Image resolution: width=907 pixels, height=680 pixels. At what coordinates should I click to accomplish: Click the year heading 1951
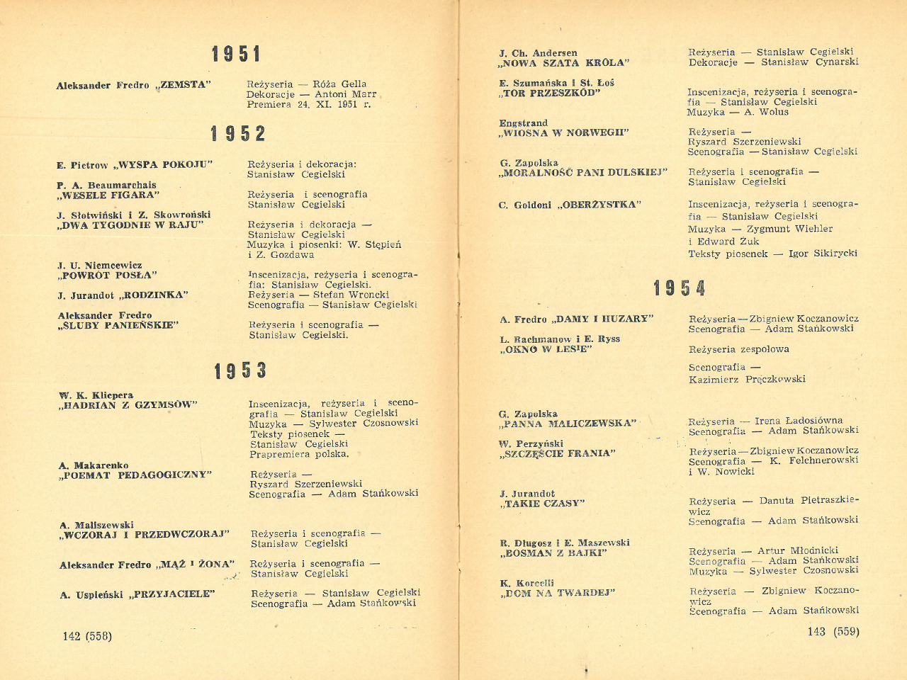coord(237,54)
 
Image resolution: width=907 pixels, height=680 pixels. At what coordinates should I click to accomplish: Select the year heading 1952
coord(238,133)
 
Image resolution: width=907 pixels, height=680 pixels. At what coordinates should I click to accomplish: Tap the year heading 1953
coord(241,370)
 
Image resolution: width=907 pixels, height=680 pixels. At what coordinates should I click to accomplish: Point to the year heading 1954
coord(680,288)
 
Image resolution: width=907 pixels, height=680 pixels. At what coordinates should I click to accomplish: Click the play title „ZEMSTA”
coord(184,85)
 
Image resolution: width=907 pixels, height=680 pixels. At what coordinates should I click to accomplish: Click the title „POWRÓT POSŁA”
coord(108,275)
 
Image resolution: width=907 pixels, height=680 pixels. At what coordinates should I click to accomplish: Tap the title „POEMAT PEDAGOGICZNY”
coord(136,475)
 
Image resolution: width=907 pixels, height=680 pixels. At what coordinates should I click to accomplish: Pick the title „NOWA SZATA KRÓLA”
coord(564,63)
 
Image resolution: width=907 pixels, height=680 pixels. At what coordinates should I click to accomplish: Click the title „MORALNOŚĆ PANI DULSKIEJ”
coord(583,172)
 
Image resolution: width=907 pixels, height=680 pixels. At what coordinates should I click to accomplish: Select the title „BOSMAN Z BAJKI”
coord(553,553)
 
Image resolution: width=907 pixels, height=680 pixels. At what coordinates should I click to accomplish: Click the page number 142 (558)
coord(87,636)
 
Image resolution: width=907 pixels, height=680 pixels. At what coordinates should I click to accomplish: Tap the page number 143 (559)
coord(833,631)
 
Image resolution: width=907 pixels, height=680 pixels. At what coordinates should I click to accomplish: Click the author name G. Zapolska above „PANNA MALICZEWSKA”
coord(528,414)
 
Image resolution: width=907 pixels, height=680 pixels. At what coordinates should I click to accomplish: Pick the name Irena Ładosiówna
coord(799,420)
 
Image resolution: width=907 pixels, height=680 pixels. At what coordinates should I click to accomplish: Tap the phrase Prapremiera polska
coord(299,454)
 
